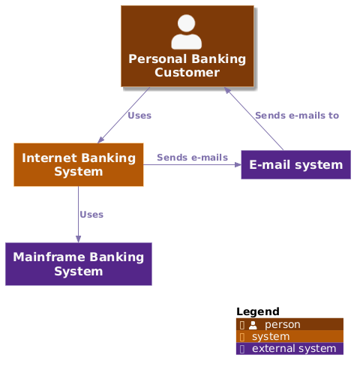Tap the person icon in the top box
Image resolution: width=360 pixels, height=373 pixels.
click(186, 32)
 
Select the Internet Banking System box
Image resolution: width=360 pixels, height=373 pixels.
click(79, 164)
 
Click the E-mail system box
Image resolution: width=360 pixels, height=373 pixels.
click(295, 165)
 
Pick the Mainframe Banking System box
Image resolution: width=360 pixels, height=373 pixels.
click(79, 263)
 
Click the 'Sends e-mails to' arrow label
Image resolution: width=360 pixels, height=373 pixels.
click(296, 116)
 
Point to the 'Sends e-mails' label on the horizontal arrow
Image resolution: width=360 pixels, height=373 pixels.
click(192, 158)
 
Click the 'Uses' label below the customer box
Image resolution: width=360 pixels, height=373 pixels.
click(139, 116)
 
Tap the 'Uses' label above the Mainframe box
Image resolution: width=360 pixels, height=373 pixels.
click(91, 215)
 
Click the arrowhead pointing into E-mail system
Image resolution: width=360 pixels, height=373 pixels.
click(237, 164)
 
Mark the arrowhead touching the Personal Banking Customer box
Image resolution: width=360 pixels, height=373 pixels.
click(228, 90)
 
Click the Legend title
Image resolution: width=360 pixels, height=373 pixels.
click(257, 311)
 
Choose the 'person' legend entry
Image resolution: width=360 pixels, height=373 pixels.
click(282, 325)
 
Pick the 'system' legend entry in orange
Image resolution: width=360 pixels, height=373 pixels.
click(271, 337)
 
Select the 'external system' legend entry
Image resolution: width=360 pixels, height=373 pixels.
click(293, 349)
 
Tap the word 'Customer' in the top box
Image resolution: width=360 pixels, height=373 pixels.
click(187, 72)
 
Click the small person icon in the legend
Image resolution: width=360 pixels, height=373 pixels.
click(253, 325)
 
